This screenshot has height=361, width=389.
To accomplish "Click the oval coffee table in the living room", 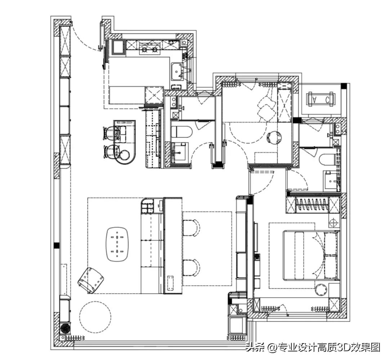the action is pyautogui.click(x=117, y=244).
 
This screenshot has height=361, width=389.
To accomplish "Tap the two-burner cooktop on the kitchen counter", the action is pyautogui.click(x=149, y=50).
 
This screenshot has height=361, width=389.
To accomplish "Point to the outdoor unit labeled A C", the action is pyautogui.click(x=321, y=100).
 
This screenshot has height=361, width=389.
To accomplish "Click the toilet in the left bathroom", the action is pyautogui.click(x=182, y=132).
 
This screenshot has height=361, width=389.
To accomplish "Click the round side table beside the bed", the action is pyautogui.click(x=322, y=290).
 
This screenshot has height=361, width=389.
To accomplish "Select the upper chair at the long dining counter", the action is pyautogui.click(x=191, y=228).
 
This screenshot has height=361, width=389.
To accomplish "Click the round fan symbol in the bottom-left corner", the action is pyautogui.click(x=65, y=328).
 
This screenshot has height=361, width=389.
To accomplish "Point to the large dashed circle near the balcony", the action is pyautogui.click(x=95, y=317).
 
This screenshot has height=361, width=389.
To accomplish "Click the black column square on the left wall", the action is pyautogui.click(x=57, y=245).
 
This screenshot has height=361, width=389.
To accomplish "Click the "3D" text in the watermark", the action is pyautogui.click(x=343, y=347).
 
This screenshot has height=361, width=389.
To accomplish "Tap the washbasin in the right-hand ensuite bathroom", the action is pyautogui.click(x=330, y=180).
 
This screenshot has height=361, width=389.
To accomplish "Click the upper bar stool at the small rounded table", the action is pyautogui.click(x=109, y=133).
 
